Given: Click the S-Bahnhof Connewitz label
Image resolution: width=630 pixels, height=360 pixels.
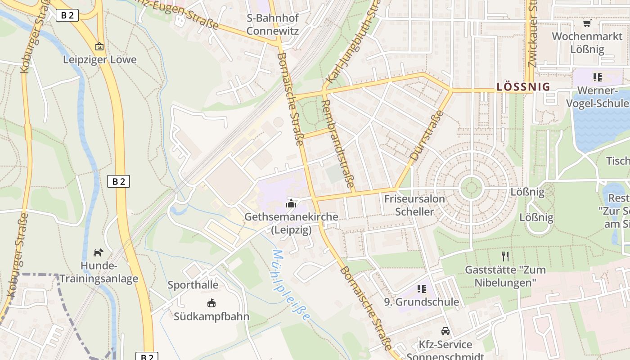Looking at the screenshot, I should (x=273, y=25).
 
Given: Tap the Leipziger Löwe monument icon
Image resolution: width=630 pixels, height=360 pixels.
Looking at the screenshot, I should (x=99, y=46).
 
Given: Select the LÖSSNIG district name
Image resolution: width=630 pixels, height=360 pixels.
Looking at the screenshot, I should (x=523, y=87).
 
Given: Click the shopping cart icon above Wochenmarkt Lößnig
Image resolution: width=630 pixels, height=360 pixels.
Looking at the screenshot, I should (x=587, y=23).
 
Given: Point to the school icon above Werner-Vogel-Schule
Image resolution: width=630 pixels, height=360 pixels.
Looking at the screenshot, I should (x=597, y=77).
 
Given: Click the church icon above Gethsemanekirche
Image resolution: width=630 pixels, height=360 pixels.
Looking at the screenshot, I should (x=291, y=204).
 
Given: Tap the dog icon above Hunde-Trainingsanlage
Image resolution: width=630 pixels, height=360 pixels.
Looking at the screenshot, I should (x=98, y=252).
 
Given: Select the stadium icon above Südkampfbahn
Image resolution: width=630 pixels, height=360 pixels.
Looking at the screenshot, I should (x=211, y=303).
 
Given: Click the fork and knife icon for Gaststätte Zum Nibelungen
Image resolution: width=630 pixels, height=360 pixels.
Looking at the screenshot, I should (x=505, y=256).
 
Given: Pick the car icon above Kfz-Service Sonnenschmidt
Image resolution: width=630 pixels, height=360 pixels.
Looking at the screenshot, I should (x=445, y=331).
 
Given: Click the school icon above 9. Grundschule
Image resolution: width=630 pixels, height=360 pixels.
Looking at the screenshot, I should (x=421, y=288).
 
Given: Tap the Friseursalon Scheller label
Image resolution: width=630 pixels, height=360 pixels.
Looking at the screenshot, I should (x=414, y=205).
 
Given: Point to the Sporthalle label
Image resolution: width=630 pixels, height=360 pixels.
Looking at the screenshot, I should (x=193, y=285).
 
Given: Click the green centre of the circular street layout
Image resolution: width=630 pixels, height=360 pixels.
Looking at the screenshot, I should (x=471, y=187).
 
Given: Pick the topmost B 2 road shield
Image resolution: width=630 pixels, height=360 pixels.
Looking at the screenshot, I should (x=67, y=15).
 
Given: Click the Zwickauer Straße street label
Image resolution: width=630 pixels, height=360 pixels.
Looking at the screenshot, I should (x=532, y=34).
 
